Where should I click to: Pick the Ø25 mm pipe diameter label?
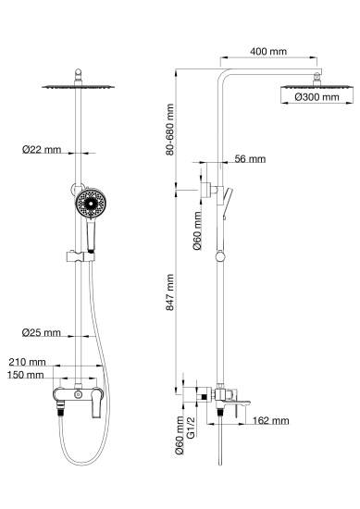[x=43, y=332]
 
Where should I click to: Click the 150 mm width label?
[x=27, y=375]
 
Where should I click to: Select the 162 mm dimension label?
[x=270, y=420]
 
